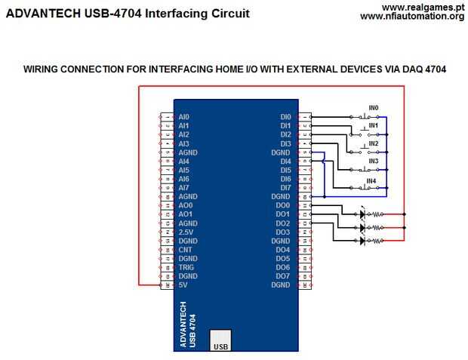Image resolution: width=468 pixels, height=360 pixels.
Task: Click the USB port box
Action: coord(220,340)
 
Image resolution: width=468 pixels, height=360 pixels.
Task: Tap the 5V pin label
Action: coord(183,285)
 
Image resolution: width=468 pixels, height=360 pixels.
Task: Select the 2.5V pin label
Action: coord(186,232)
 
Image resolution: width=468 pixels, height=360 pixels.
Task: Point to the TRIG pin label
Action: coord(186,267)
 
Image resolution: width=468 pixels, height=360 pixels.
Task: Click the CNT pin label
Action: coord(185,250)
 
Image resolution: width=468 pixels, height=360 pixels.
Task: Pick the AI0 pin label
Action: coord(184,117)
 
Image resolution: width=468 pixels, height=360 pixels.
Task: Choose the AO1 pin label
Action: coord(186,214)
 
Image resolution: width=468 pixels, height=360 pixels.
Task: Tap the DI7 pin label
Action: coord(285,188)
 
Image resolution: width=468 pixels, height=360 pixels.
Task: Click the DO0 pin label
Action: coord(283,205)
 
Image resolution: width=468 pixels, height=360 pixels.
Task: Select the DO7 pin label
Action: coord(283,276)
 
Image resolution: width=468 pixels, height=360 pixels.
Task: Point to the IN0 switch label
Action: coord(374,108)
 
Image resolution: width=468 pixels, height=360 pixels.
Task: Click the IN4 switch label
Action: coord(371,181)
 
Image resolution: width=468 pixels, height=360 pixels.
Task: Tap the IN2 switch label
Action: coord(374,143)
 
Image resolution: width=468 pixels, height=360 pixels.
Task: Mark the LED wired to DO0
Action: coord(362,214)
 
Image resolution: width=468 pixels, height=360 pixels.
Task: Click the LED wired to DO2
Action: coord(362,240)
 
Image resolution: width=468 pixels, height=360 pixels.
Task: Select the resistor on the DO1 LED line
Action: coord(377,228)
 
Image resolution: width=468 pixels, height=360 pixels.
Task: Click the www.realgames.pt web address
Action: coord(423,7)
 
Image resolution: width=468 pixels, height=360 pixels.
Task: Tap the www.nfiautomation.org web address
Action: coord(412,17)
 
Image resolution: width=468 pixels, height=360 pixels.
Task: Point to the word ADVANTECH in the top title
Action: coord(43,14)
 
